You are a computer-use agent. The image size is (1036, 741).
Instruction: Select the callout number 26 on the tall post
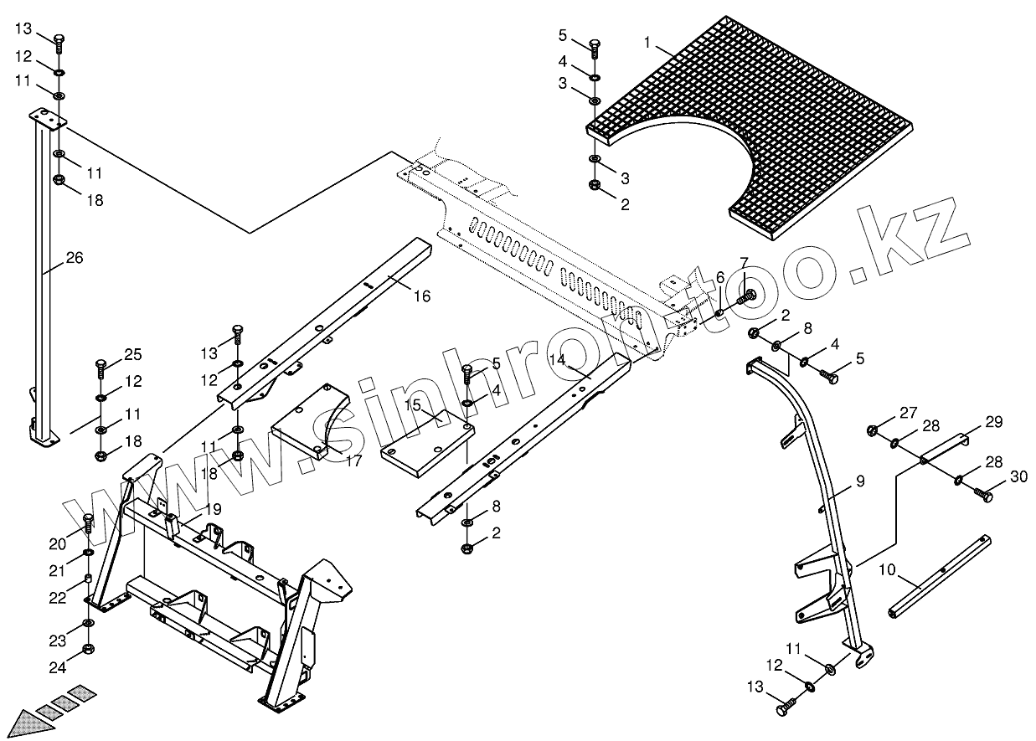[x=75, y=258]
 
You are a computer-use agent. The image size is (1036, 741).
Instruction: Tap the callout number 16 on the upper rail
[x=421, y=296]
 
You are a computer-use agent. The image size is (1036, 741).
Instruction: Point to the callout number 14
[x=558, y=358]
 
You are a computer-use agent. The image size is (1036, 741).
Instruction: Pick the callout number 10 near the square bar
[x=887, y=569]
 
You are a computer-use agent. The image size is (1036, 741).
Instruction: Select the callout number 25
[x=134, y=354]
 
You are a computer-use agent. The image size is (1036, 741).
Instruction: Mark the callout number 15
[x=412, y=405]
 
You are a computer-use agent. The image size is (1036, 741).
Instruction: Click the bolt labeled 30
[x=983, y=497]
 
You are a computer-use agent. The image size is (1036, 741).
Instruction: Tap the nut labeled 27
[x=873, y=430]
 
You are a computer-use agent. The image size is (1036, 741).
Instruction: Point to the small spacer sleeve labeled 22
[x=88, y=580]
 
